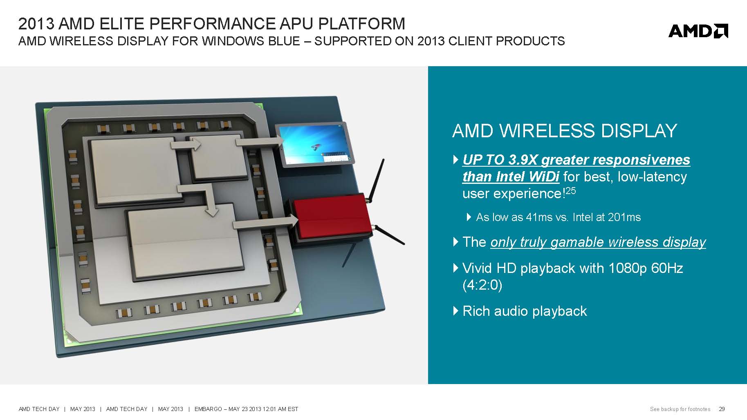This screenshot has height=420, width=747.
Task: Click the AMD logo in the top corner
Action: click(698, 31)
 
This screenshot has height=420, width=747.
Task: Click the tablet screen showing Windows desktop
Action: click(313, 145)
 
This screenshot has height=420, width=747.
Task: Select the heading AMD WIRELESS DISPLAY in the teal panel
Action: click(565, 131)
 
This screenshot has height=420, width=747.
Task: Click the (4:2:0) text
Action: click(482, 285)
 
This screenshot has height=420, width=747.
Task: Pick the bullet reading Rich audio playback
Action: click(525, 311)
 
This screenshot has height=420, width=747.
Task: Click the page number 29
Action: click(722, 409)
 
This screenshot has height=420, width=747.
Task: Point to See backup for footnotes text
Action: click(680, 409)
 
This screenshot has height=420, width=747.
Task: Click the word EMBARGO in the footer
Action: click(208, 409)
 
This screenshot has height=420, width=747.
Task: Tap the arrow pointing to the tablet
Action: click(259, 141)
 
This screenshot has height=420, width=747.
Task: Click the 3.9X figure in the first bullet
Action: click(523, 160)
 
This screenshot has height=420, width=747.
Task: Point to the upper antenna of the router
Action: click(376, 180)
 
